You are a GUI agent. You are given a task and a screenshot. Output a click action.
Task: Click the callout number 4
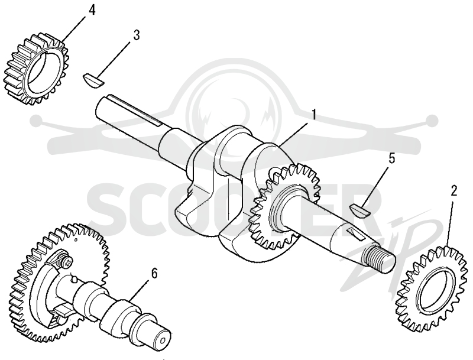pyautogui.click(x=92, y=10)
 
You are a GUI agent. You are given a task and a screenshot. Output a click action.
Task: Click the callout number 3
pyautogui.click(x=137, y=35)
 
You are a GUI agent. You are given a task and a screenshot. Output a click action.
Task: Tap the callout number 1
pyautogui.click(x=314, y=115)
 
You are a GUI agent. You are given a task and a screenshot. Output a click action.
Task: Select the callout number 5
pyautogui.click(x=391, y=159)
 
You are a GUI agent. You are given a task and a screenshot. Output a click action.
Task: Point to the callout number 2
pyautogui.click(x=453, y=190)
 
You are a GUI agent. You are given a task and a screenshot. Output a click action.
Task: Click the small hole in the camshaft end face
pyautogui.click(x=163, y=340)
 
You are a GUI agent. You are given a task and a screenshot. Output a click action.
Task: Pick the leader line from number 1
pyautogui.click(x=294, y=133)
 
